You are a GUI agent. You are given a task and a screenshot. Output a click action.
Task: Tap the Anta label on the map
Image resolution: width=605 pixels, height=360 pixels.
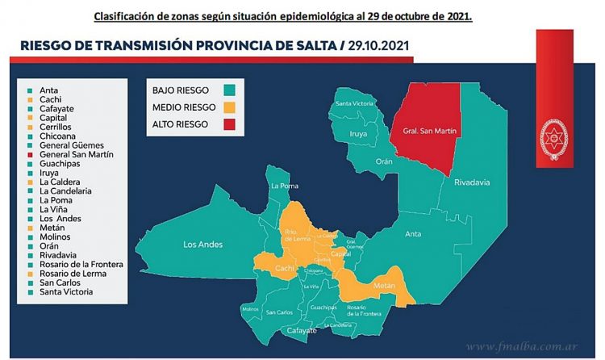[412, 235]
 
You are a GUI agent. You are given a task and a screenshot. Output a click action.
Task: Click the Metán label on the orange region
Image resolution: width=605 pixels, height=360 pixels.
[383, 287]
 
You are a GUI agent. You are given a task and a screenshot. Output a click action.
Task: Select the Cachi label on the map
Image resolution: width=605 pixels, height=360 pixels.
[283, 267]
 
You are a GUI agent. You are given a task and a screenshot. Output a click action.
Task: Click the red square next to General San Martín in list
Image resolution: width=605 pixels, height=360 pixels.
[30, 154]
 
